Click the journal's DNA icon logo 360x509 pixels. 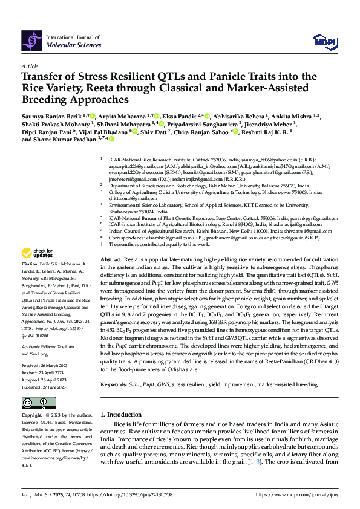[x=32, y=41]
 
